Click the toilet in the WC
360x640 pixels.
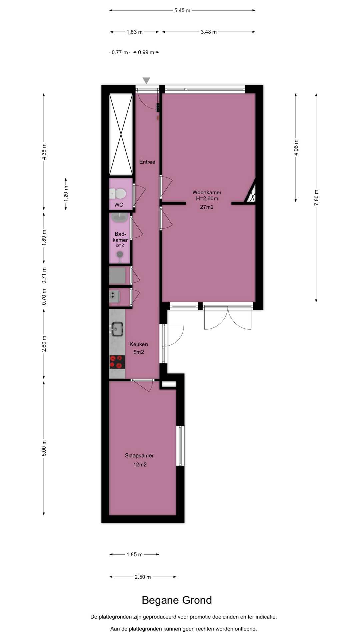(117, 193)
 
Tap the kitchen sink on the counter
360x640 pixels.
(117, 328)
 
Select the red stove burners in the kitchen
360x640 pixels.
(117, 362)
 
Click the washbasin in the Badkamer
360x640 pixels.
(119, 218)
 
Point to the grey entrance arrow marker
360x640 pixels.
(146, 81)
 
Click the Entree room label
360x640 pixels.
(147, 162)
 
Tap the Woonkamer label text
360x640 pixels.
(207, 192)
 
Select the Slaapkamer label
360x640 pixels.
(139, 456)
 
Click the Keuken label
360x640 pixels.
(139, 344)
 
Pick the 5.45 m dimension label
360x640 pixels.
(182, 11)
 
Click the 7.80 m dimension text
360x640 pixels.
(316, 197)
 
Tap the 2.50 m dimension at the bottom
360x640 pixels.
(143, 577)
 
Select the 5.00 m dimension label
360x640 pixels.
(44, 448)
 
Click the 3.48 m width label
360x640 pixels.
(209, 32)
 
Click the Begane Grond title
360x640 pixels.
(177, 600)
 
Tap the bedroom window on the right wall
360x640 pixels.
(180, 446)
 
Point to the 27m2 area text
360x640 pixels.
(207, 207)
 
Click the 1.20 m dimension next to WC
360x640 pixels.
(66, 194)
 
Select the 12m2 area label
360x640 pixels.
(140, 465)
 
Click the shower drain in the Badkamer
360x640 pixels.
(119, 254)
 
